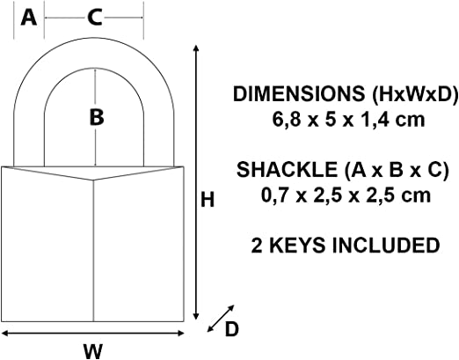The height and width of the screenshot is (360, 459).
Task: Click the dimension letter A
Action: (28, 18)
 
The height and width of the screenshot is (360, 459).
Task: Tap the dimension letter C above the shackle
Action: (94, 18)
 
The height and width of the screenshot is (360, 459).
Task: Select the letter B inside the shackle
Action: (96, 116)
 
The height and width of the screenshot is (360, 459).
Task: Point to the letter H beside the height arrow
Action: (208, 200)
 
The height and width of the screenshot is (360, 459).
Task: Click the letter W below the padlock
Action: (92, 350)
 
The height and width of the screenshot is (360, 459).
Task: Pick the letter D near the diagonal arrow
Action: (231, 328)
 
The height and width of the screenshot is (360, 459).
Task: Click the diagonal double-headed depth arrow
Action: (219, 318)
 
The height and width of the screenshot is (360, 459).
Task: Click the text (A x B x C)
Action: (381, 169)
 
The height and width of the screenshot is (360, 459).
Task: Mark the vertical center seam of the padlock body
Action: (94, 255)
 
